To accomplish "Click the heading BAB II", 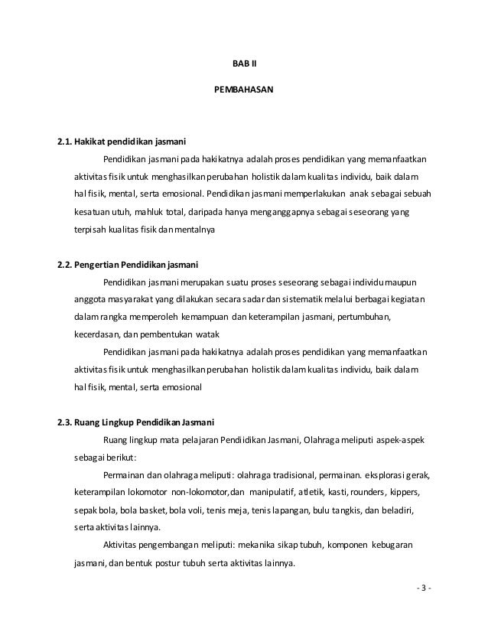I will [245, 63].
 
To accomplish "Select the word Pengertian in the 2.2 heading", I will [103, 265].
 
